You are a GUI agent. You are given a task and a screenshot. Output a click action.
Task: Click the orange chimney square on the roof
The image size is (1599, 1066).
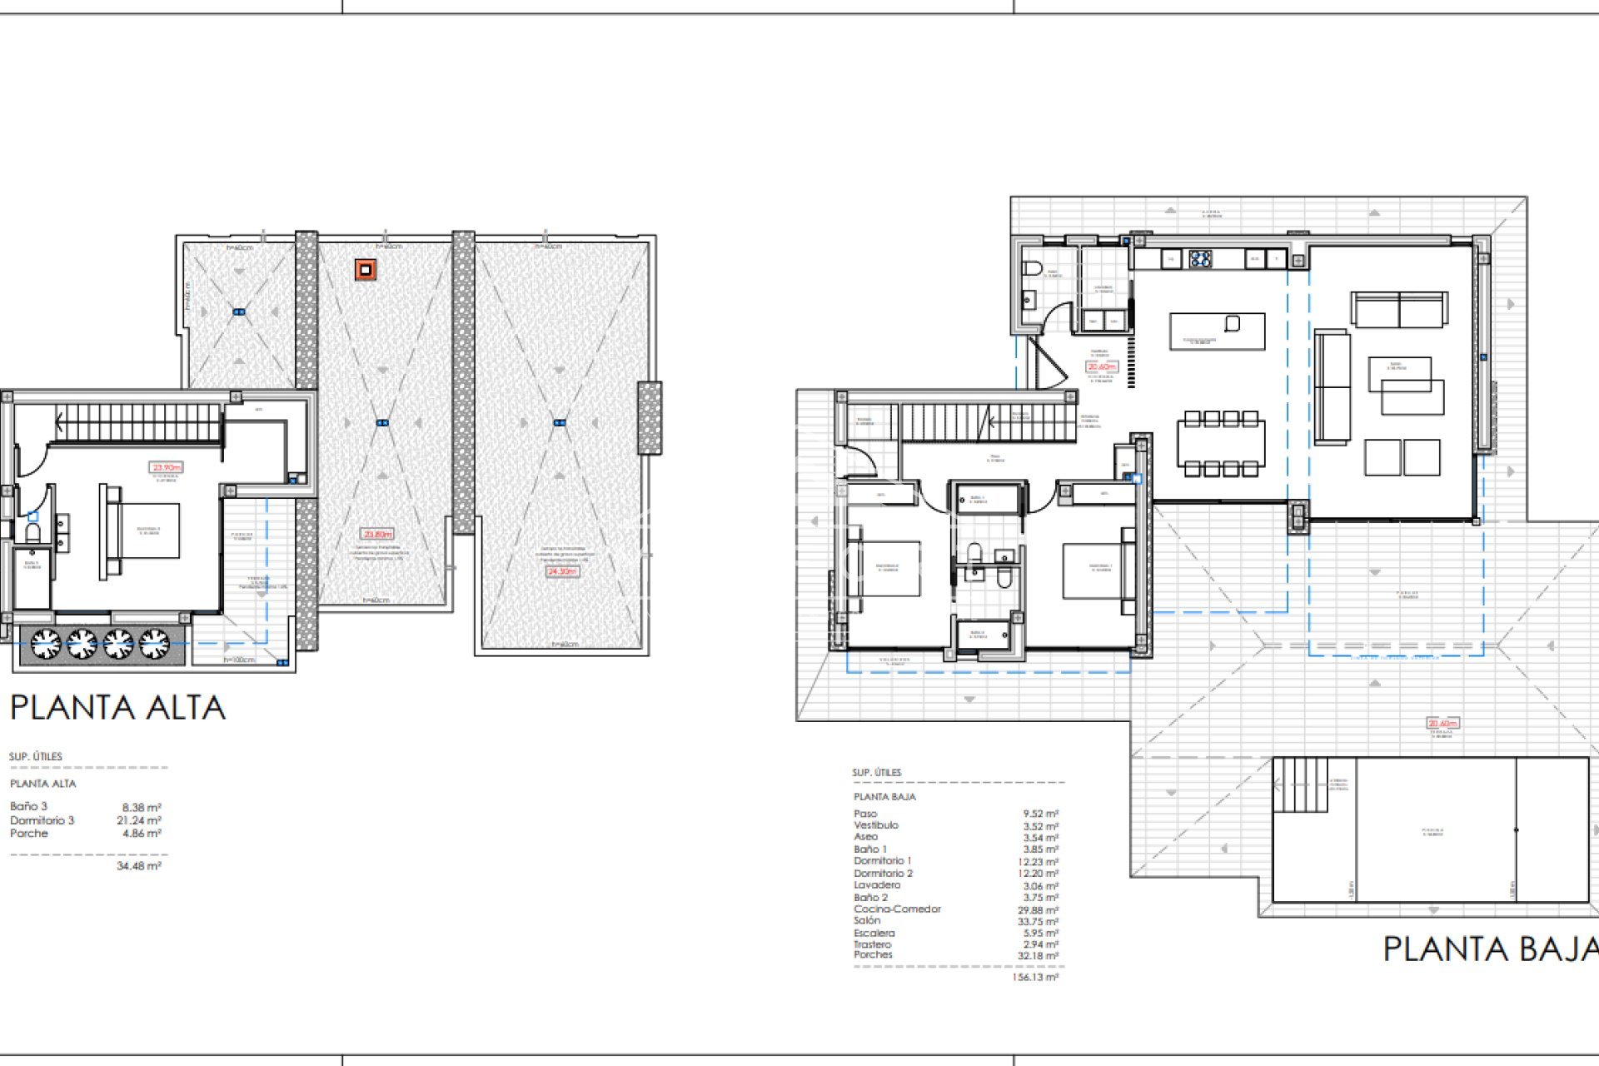[x=365, y=270]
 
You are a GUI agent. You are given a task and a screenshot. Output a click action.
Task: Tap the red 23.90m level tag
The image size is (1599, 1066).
[x=166, y=467]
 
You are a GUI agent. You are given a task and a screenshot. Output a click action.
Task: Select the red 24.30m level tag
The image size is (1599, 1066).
[x=562, y=571]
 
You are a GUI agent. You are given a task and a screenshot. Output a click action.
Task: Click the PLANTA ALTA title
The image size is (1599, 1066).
[x=117, y=707]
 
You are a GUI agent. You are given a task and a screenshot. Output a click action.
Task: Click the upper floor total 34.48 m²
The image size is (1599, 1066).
[x=138, y=866]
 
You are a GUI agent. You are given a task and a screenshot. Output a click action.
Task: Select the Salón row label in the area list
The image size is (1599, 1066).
[x=866, y=921]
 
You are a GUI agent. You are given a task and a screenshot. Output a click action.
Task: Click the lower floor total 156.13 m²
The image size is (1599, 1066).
[x=1035, y=977]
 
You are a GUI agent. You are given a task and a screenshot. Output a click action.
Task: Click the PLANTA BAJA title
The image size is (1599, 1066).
[x=1490, y=949]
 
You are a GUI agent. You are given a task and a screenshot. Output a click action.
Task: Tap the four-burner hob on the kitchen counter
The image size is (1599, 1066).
[x=1200, y=259]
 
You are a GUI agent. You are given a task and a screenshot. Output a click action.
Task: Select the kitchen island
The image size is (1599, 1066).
[x=1217, y=331]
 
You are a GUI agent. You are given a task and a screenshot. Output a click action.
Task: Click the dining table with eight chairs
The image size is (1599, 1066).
[x=1221, y=445]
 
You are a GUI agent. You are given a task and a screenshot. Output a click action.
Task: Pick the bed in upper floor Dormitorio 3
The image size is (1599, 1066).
[x=142, y=531]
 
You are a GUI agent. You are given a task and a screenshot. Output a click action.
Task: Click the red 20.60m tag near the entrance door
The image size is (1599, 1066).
[x=1101, y=366]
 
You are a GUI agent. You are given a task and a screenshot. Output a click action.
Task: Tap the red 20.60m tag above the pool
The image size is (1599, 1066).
[x=1442, y=723]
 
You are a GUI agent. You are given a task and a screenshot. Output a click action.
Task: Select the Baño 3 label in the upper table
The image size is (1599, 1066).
[x=28, y=806]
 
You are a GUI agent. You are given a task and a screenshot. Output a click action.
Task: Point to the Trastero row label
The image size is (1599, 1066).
[x=872, y=944]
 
